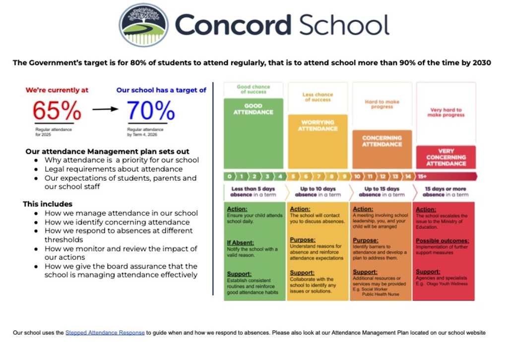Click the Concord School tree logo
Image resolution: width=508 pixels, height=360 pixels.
point(143,25)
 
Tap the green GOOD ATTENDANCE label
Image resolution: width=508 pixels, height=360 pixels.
point(254,109)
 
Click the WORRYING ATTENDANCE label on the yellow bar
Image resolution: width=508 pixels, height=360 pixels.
point(317,125)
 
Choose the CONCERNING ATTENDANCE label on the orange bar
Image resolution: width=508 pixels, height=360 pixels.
point(382,141)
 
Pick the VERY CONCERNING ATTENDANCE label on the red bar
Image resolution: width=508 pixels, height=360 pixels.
point(446,157)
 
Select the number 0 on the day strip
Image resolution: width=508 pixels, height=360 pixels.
point(229,176)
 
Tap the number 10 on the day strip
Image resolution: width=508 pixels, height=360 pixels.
point(357,176)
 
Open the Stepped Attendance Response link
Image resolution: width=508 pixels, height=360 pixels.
point(105,333)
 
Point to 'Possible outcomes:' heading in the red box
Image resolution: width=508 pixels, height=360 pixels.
point(442,241)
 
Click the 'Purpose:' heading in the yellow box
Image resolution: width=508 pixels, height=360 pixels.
point(303,240)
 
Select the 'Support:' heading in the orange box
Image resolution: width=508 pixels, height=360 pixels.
point(365,272)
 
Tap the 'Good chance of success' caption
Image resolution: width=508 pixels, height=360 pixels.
point(254,89)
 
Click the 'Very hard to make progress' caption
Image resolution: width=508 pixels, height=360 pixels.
point(446,112)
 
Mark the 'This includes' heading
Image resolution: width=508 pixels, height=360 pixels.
point(48,204)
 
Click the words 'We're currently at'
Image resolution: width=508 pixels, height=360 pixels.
point(57,90)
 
